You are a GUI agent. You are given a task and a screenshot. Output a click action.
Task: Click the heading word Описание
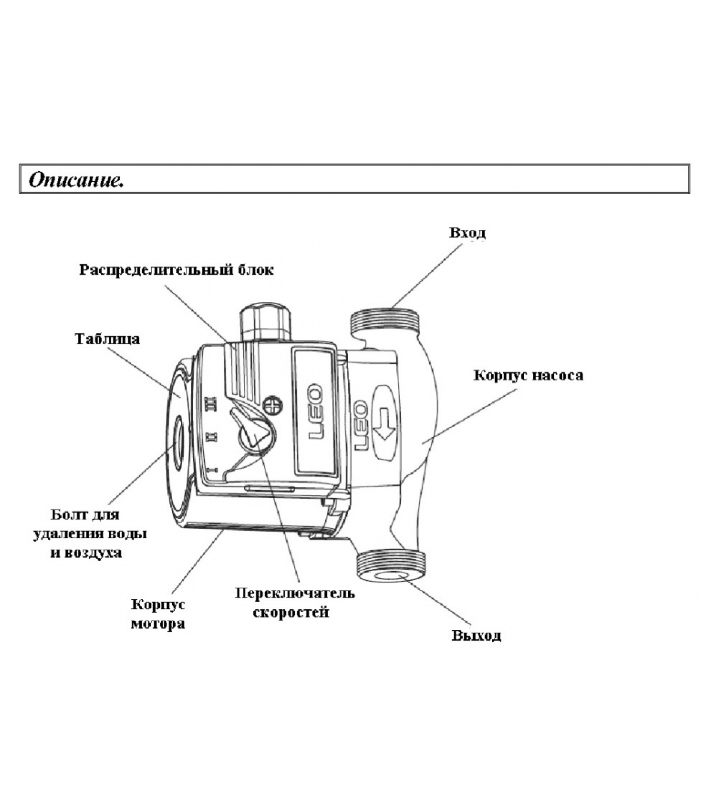(76, 180)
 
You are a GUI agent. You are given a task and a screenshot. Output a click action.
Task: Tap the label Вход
(467, 233)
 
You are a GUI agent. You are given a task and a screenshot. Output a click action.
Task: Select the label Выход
(476, 635)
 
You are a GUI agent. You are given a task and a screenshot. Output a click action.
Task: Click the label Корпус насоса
(528, 375)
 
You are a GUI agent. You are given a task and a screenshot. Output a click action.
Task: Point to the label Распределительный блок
(176, 270)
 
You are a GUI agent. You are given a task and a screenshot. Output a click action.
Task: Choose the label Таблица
(107, 339)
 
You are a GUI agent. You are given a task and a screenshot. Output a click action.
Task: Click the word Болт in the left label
(69, 514)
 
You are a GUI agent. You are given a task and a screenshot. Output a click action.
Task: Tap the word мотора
(158, 624)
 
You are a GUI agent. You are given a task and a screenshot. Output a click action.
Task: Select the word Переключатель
(295, 593)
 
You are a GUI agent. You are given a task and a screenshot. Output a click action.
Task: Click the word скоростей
(291, 612)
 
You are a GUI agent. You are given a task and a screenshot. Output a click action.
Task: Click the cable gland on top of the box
(265, 321)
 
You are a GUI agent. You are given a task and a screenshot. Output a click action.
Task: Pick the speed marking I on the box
(211, 470)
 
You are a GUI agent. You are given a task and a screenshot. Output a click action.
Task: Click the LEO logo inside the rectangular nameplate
(315, 412)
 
